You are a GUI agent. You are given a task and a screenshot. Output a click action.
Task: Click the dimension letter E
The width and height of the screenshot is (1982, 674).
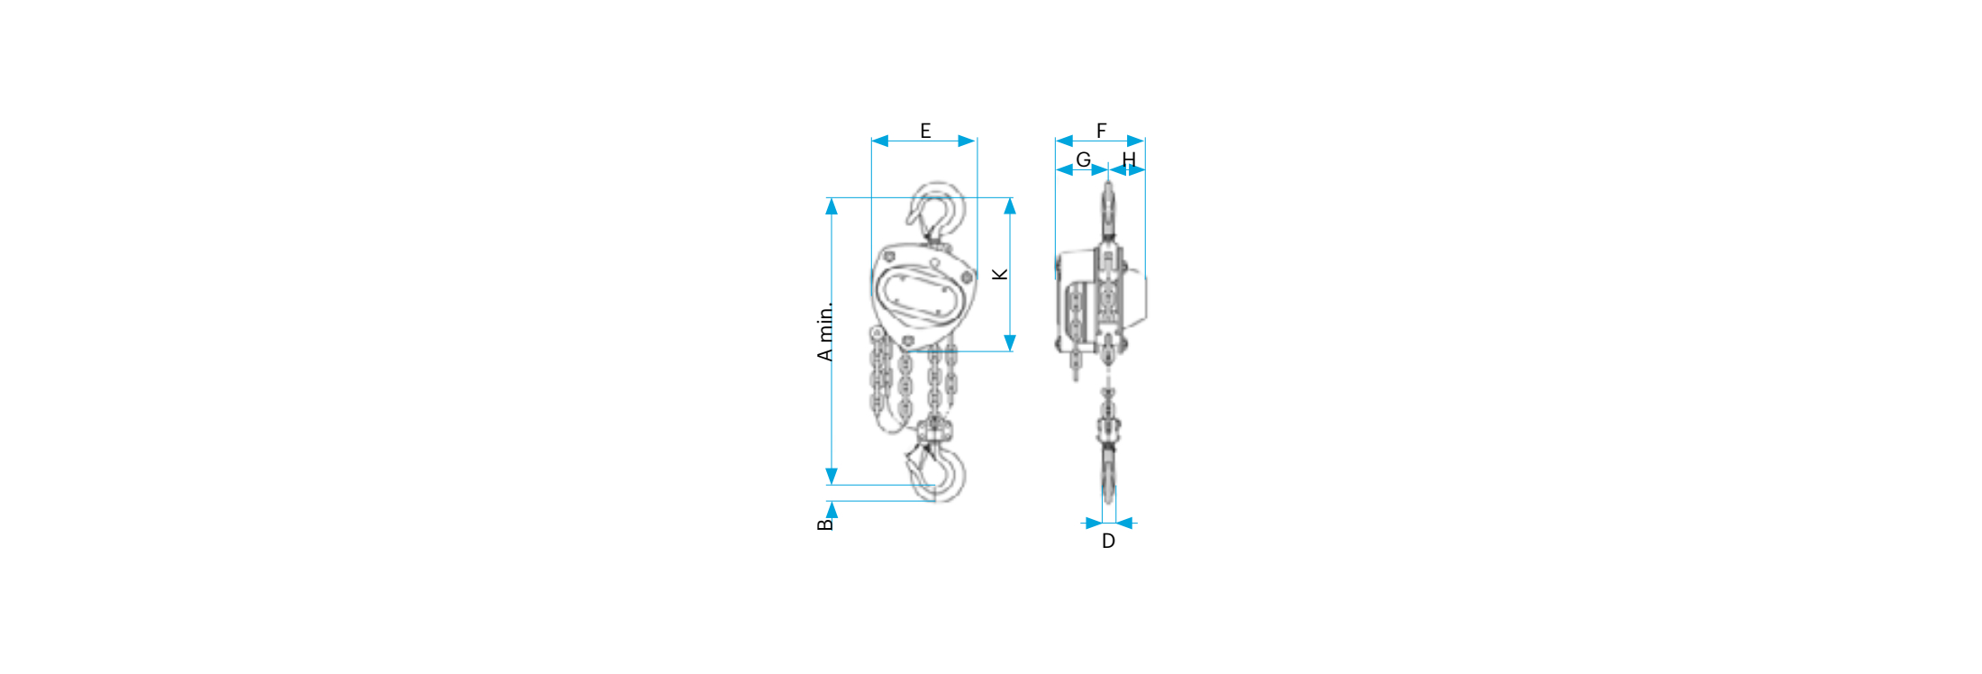point(925,131)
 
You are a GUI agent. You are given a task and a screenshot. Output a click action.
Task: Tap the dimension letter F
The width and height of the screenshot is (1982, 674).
point(1101,131)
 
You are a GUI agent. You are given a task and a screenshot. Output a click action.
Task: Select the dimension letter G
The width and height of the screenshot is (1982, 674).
point(1083,159)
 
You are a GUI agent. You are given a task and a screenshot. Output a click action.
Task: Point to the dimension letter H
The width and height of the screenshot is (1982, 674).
point(1129,159)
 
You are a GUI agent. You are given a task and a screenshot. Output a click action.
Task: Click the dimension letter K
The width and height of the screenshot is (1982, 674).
point(1000,274)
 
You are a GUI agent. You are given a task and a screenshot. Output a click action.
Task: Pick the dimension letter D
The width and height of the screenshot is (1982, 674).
point(1108,541)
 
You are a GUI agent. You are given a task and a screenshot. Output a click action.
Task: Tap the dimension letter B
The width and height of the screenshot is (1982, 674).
point(825,524)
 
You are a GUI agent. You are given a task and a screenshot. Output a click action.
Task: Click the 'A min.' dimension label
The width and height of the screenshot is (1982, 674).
point(825,332)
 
